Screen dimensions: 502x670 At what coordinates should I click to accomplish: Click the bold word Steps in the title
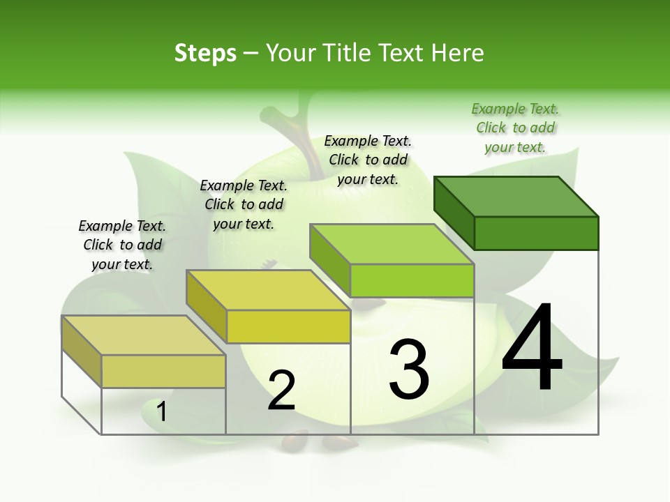pos(205,53)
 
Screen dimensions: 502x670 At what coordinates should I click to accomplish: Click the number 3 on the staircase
pos(409,369)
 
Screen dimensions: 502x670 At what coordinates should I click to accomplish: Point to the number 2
pos(282,390)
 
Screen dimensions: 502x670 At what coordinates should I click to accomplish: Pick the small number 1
pos(162,411)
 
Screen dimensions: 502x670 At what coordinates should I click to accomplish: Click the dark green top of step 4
pos(516,196)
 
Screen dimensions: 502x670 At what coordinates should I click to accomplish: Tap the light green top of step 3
pos(392,243)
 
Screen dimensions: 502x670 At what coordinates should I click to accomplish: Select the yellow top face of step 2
pos(268,289)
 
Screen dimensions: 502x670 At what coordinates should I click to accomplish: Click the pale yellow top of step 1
pos(143,335)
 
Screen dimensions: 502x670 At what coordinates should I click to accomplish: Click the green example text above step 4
pos(515,128)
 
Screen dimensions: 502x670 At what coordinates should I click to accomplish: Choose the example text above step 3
pos(368,160)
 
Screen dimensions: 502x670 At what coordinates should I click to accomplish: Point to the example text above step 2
pos(244,204)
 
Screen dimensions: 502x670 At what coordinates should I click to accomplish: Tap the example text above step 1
pos(122,245)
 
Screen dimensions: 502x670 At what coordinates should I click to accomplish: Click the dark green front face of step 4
pos(536,233)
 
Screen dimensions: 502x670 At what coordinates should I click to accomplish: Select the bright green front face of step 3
pos(412,280)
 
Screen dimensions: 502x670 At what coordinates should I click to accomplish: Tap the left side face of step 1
pos(82,351)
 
